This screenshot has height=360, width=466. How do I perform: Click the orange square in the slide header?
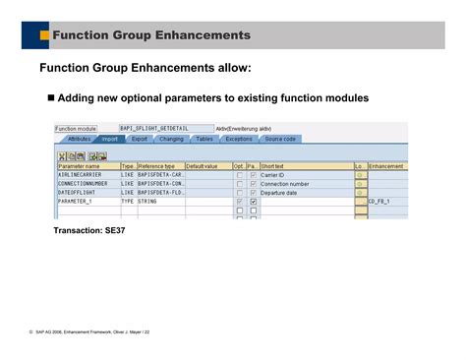(44, 35)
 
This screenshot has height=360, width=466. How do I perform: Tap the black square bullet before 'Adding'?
(51, 99)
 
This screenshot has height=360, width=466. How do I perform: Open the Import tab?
(110, 140)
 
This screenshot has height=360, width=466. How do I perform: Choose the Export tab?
(140, 140)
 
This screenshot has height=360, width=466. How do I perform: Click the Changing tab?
(171, 140)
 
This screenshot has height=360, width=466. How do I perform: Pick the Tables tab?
(204, 140)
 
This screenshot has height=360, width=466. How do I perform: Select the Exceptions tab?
(239, 140)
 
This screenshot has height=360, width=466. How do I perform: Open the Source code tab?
(280, 140)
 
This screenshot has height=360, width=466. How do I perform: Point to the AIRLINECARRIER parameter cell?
(87, 175)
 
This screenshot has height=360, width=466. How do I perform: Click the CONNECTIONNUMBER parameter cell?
(87, 184)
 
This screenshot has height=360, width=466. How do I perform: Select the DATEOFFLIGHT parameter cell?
(87, 193)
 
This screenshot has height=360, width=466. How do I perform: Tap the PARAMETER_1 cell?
(87, 202)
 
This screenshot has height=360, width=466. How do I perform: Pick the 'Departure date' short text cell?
(305, 193)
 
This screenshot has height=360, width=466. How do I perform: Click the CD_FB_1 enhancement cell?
(391, 202)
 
